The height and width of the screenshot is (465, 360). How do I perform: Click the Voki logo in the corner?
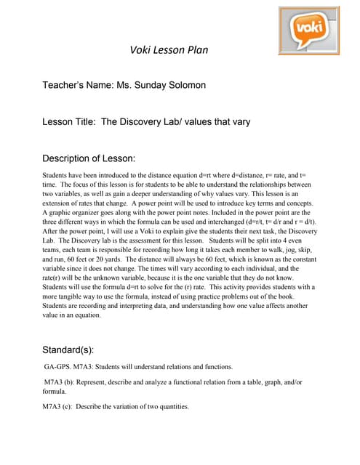click(308, 30)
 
